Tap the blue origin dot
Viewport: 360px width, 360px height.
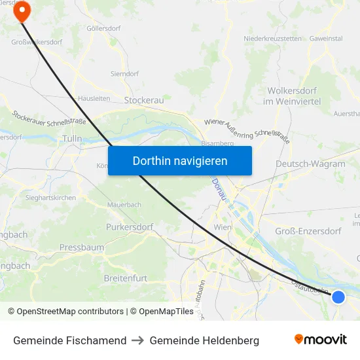pos(338,297)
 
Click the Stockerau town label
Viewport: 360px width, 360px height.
pos(144,100)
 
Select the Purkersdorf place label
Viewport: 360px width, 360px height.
pos(129,227)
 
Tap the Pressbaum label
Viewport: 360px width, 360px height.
pos(82,247)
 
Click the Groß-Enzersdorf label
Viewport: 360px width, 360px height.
pos(308,231)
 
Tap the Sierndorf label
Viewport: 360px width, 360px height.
pos(124,74)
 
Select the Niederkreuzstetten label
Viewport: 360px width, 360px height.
pos(272,39)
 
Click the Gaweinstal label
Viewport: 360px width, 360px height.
pos(326,39)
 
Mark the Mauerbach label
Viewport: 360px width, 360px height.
pos(124,205)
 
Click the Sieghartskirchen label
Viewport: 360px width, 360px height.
pos(50,198)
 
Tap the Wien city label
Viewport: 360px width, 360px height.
pos(223,227)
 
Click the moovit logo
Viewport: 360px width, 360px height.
pos(321,340)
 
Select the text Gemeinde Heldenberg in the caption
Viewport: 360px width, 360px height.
pos(204,340)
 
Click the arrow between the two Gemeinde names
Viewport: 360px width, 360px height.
pos(138,340)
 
